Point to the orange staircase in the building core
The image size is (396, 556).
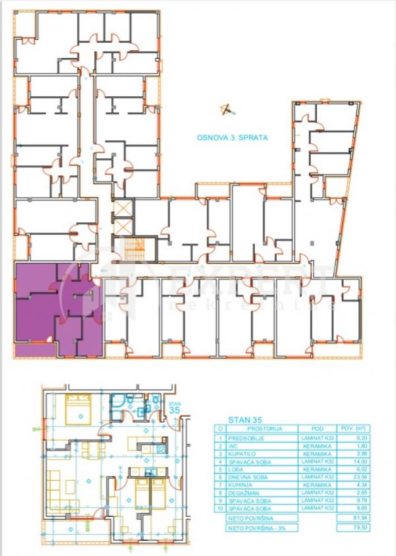point(136,249)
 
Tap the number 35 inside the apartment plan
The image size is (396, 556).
point(174,410)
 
